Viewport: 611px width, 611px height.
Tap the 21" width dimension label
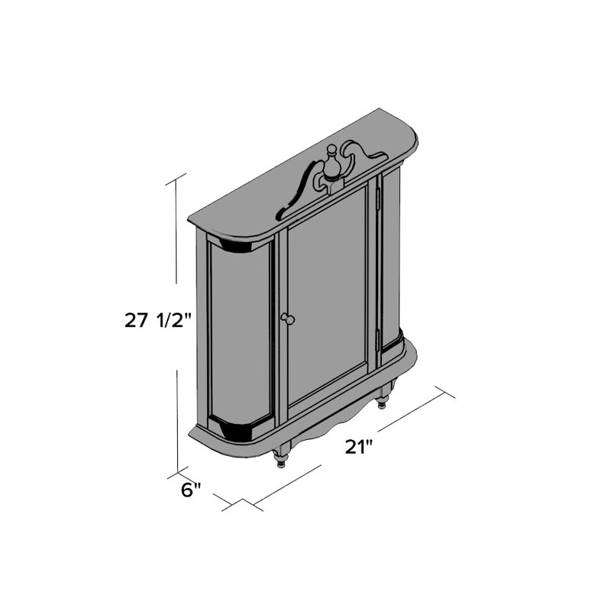click(357, 447)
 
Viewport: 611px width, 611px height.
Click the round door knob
click(288, 318)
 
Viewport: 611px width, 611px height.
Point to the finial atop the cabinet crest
click(332, 162)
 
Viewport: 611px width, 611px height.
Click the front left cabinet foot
click(281, 459)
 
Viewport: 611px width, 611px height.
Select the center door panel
click(327, 298)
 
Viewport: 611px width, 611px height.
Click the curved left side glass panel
click(239, 333)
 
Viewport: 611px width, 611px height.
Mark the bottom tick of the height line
click(181, 467)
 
